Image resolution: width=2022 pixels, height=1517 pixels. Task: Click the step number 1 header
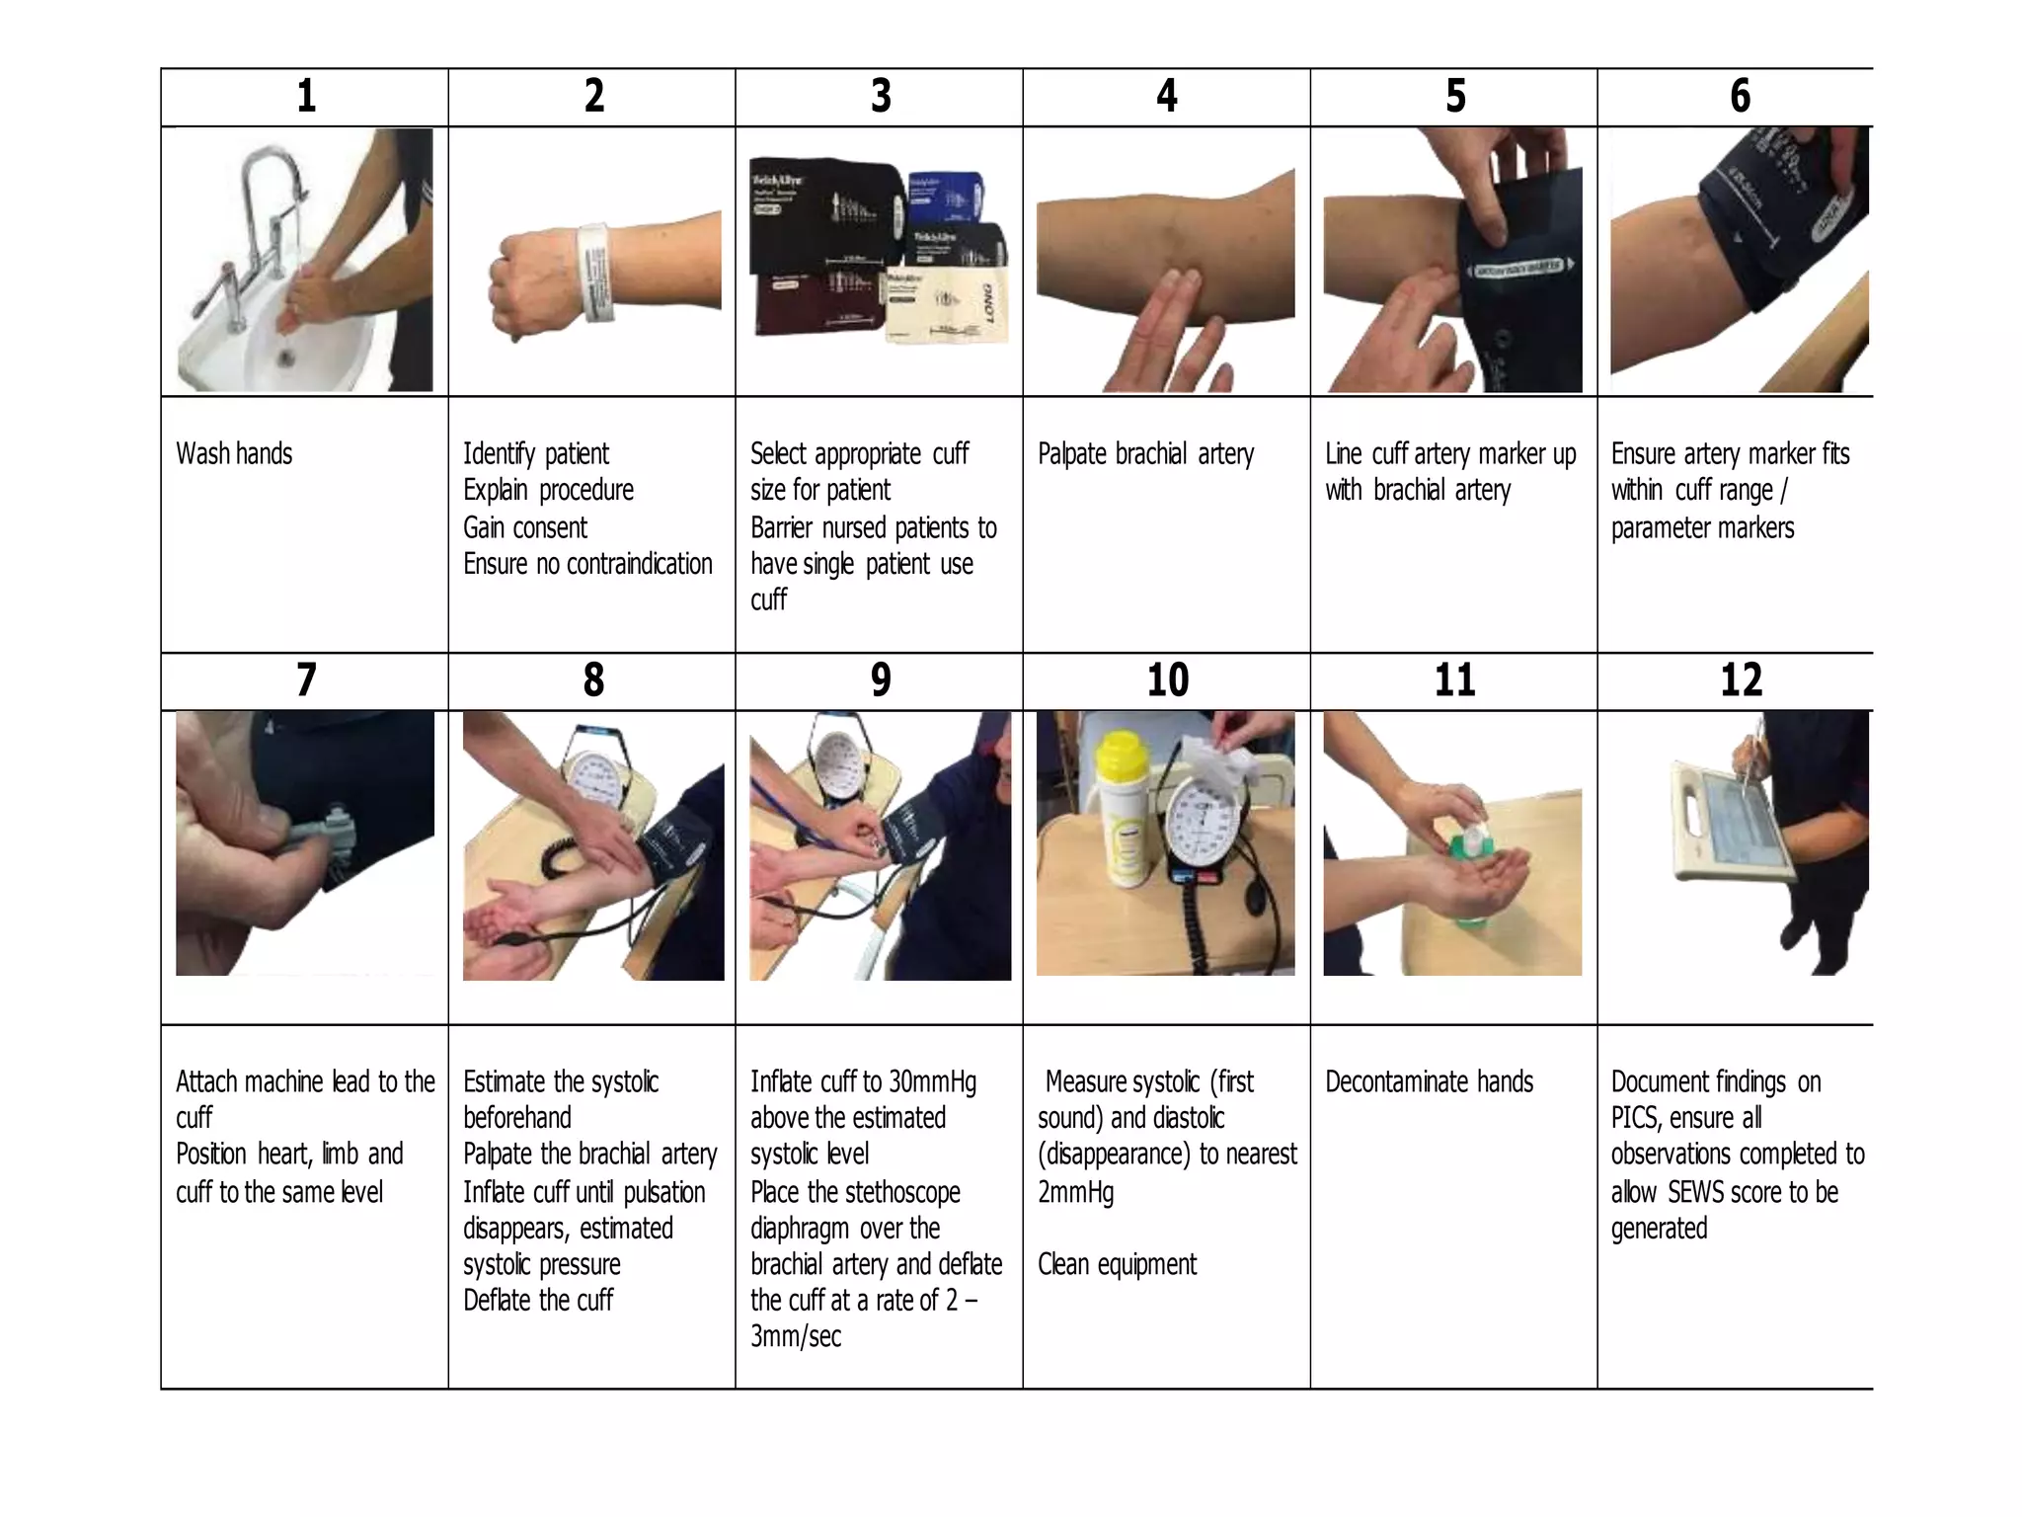[x=306, y=97]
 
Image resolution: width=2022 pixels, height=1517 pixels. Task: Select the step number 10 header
[x=1167, y=680]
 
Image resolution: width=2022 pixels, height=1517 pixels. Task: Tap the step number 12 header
[x=1741, y=680]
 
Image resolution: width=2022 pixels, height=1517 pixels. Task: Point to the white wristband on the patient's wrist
[x=595, y=272]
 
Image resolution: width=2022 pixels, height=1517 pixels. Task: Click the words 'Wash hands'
[x=234, y=454]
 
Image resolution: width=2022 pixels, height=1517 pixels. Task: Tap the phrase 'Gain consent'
[x=525, y=528]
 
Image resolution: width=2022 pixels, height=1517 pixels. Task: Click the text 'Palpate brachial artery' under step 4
[x=1145, y=454]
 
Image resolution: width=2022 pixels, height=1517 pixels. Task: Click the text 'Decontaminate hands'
[x=1429, y=1082]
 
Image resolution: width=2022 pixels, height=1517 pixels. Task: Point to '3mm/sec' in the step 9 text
[x=796, y=1337]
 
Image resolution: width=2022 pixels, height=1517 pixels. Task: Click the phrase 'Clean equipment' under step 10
[x=1117, y=1265]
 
